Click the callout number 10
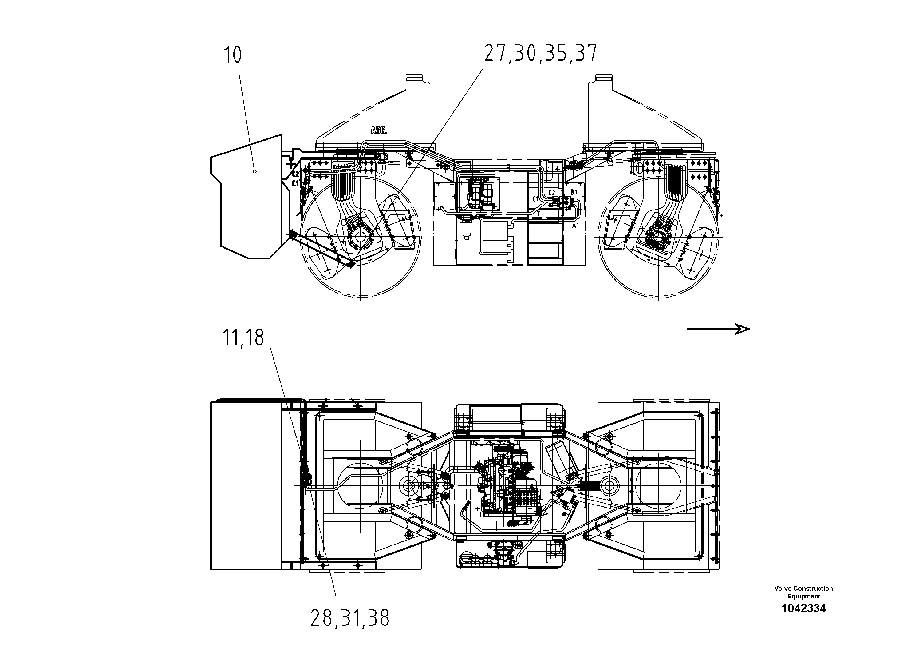coord(233,55)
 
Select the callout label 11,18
coord(243,338)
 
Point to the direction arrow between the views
coord(717,329)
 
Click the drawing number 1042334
coord(803,608)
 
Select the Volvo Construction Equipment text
coord(803,592)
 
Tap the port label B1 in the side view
coord(574,192)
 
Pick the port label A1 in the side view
coord(575,226)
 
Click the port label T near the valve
coord(538,214)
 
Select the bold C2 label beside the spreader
coord(295,174)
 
